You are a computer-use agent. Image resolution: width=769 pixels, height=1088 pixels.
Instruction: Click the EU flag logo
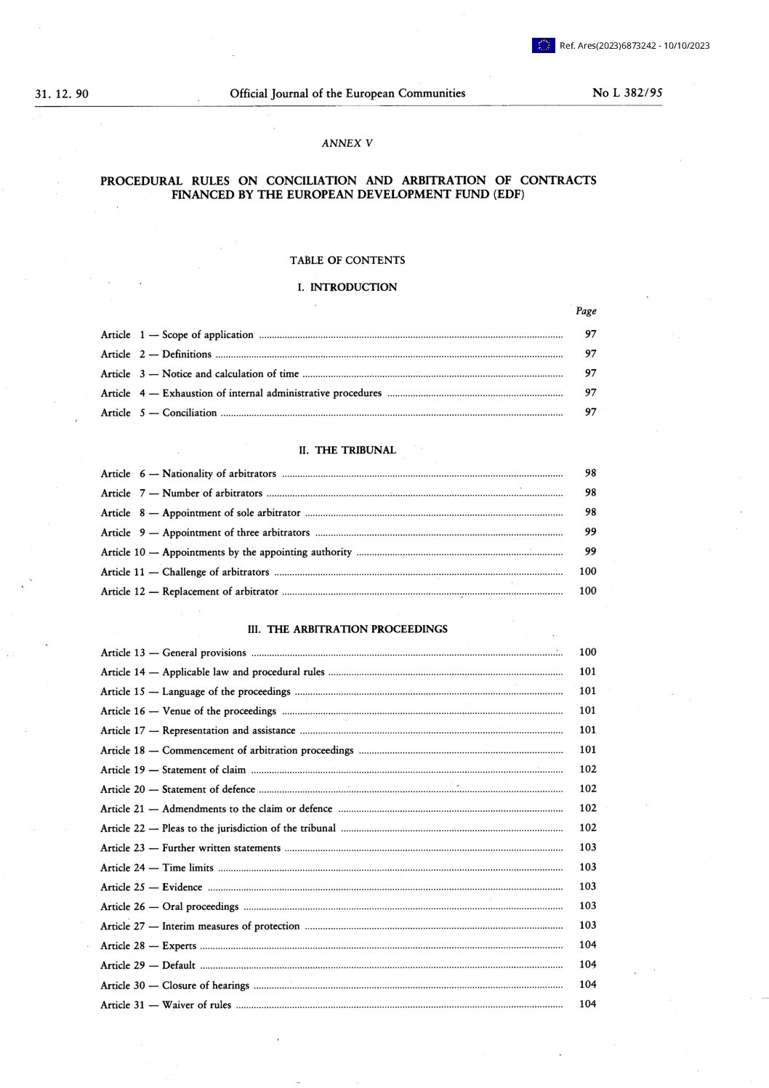pyautogui.click(x=543, y=46)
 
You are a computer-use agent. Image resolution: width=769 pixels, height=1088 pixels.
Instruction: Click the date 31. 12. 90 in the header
pyautogui.click(x=62, y=94)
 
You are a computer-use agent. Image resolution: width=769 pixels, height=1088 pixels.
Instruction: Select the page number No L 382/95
pyautogui.click(x=627, y=93)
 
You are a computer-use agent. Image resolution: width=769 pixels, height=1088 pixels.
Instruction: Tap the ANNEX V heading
pyautogui.click(x=347, y=143)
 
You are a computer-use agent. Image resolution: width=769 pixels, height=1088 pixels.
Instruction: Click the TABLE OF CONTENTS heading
pyautogui.click(x=347, y=260)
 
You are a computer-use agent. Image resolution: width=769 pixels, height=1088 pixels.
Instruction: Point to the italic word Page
pyautogui.click(x=586, y=311)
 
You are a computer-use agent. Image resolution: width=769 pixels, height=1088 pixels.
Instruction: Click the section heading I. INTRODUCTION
pyautogui.click(x=347, y=287)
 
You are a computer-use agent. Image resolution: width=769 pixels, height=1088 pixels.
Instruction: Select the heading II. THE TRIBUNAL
pyautogui.click(x=347, y=451)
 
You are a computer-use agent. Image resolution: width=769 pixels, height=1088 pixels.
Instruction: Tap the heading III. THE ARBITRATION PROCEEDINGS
pyautogui.click(x=347, y=629)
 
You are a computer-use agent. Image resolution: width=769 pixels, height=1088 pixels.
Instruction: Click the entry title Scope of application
pyautogui.click(x=208, y=335)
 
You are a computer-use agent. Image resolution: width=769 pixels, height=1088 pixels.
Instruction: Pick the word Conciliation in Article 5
pyautogui.click(x=190, y=413)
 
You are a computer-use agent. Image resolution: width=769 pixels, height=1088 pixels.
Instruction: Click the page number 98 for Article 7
pyautogui.click(x=590, y=493)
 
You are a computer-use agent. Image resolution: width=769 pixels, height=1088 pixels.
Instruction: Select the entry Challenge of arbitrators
pyautogui.click(x=216, y=572)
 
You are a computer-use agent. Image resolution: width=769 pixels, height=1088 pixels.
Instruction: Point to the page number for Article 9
pyautogui.click(x=590, y=532)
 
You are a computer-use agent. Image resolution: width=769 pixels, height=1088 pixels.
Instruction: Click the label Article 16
pyautogui.click(x=123, y=712)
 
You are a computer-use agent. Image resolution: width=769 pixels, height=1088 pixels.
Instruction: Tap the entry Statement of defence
pyautogui.click(x=209, y=789)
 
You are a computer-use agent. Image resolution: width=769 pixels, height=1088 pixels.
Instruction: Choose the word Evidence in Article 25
pyautogui.click(x=182, y=887)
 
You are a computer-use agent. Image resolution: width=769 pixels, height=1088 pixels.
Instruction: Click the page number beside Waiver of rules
pyautogui.click(x=587, y=1004)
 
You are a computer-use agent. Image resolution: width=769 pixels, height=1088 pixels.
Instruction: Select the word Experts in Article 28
pyautogui.click(x=180, y=946)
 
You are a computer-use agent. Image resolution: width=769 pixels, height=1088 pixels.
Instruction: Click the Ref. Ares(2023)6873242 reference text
pyautogui.click(x=635, y=46)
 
